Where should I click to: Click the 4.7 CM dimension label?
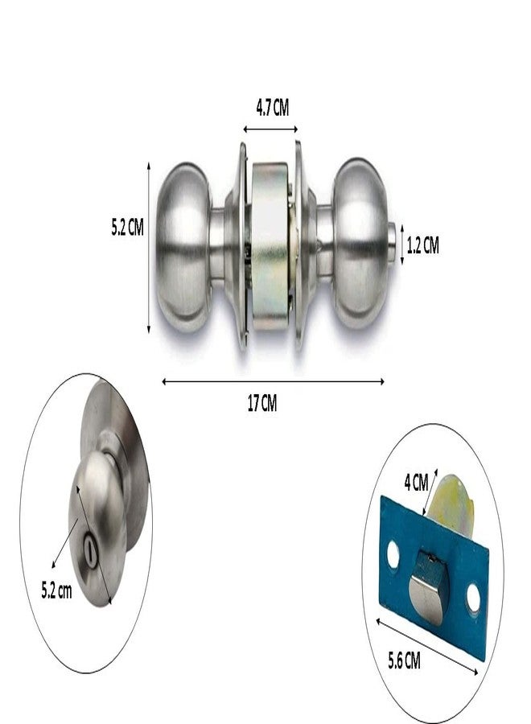point(273,108)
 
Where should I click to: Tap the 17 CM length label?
point(262,403)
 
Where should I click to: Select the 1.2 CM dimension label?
point(422,245)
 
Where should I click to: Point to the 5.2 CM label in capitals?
point(127,227)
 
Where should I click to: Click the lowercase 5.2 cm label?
point(57,590)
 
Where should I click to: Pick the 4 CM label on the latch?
point(416,483)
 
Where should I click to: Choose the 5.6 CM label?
point(404,660)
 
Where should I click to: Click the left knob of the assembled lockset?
point(183,247)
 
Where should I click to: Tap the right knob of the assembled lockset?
point(360,244)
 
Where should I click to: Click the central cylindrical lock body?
point(270,245)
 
